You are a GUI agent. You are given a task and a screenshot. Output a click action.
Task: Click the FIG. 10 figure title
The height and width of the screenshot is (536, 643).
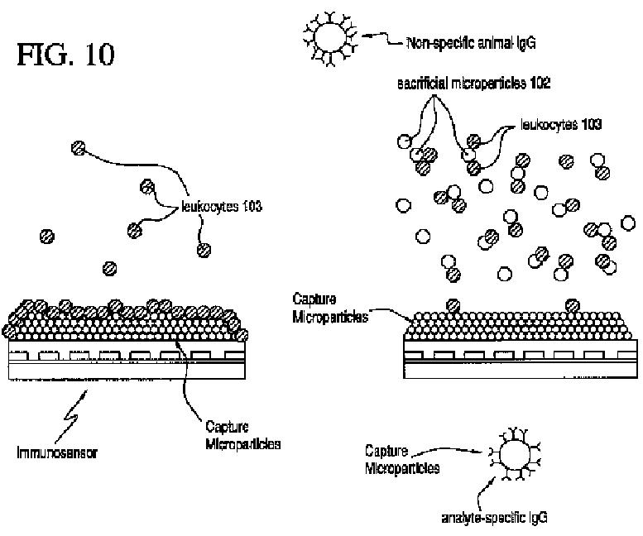pyautogui.click(x=65, y=55)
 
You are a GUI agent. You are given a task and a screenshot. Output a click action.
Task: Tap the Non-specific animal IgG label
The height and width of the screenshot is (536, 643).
pyautogui.click(x=471, y=43)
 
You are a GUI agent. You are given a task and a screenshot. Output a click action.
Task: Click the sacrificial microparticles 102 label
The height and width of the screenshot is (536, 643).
pyautogui.click(x=473, y=84)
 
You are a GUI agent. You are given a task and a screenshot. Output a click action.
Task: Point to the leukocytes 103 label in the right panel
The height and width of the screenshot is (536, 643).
pyautogui.click(x=560, y=125)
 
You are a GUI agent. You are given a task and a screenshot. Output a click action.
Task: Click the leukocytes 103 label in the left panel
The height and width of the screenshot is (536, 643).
pyautogui.click(x=222, y=206)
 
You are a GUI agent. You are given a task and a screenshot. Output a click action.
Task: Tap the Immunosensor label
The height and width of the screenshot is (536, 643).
pyautogui.click(x=57, y=452)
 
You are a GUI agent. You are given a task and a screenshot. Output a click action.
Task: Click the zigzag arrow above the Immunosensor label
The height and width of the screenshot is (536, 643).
pyautogui.click(x=70, y=414)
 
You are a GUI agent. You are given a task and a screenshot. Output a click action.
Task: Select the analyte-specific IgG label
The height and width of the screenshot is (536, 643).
pyautogui.click(x=494, y=518)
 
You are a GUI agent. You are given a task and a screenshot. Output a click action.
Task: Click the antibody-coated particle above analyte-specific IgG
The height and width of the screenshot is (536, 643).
pyautogui.click(x=514, y=453)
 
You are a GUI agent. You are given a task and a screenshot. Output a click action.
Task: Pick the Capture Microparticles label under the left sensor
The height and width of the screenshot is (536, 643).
pyautogui.click(x=242, y=435)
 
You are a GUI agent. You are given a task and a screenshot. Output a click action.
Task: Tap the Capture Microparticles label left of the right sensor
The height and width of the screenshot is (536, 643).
pyautogui.click(x=330, y=308)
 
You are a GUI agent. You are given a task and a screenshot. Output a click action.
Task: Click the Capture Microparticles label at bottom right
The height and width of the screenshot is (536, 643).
pyautogui.click(x=402, y=459)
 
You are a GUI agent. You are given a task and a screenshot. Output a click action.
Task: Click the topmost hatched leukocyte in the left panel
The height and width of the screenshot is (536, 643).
pyautogui.click(x=79, y=147)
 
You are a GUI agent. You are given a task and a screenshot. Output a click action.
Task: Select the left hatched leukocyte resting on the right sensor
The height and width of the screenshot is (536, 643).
pyautogui.click(x=453, y=305)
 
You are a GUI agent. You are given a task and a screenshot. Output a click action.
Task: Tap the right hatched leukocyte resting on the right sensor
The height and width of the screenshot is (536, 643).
pyautogui.click(x=573, y=305)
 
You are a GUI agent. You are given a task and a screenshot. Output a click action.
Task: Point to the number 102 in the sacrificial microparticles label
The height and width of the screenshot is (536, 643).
pyautogui.click(x=540, y=84)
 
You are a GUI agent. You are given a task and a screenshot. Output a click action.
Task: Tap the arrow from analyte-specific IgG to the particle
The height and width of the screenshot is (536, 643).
pyautogui.click(x=482, y=494)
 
